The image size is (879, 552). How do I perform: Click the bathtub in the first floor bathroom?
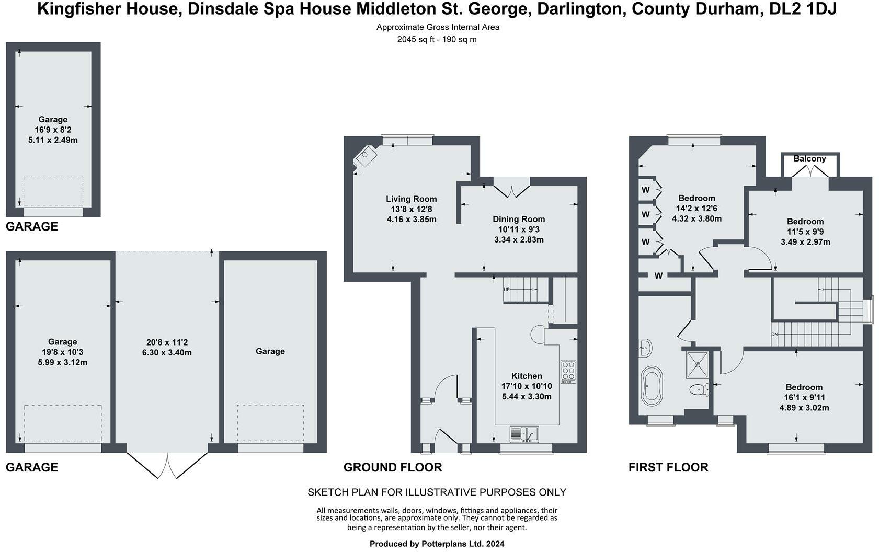(x=652, y=386)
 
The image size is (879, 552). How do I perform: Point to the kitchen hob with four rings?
(x=568, y=372)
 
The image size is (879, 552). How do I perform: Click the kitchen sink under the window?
(x=524, y=433)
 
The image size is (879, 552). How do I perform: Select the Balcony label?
(x=809, y=158)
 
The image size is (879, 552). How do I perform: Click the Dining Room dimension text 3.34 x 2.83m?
(x=519, y=240)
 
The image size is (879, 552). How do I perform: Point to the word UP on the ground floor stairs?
(x=506, y=290)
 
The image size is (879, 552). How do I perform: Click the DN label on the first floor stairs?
(x=774, y=335)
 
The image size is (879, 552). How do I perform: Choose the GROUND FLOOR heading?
(x=392, y=467)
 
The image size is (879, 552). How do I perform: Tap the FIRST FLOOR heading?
(x=668, y=467)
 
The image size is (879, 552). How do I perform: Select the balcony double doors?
(x=809, y=171)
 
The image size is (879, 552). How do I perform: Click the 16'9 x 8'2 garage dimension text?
(x=53, y=130)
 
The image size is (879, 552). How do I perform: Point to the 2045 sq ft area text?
(x=437, y=39)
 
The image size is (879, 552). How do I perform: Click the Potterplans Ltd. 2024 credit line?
(x=437, y=544)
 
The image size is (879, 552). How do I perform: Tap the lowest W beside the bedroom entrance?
(x=658, y=275)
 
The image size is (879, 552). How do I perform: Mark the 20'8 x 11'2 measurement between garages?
(x=167, y=342)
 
